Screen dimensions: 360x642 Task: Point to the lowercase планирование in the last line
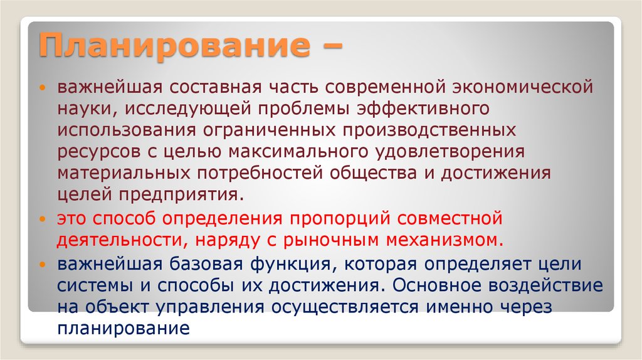(124, 329)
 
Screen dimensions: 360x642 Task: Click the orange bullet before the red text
(42, 220)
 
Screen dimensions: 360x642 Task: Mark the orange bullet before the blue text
(42, 265)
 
